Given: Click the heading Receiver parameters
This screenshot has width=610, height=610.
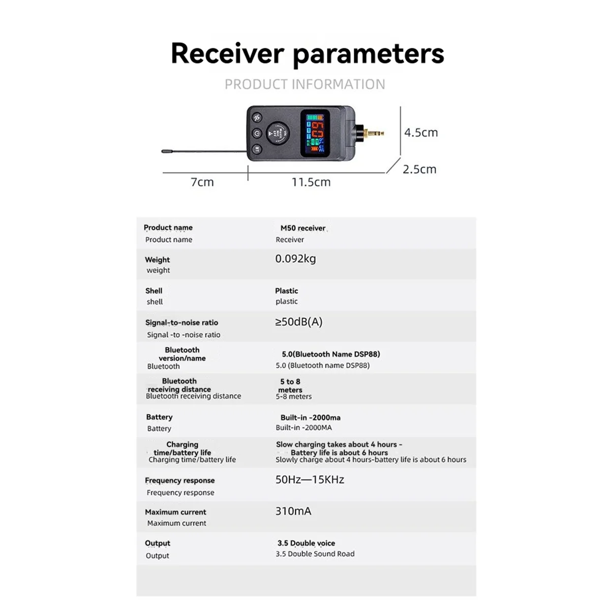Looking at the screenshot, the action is click(x=307, y=53).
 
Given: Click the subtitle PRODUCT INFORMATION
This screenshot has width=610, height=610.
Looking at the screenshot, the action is click(x=305, y=84).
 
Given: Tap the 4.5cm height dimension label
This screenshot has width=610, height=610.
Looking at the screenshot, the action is click(x=421, y=133).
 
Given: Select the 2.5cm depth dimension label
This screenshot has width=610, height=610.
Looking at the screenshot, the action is click(x=419, y=169).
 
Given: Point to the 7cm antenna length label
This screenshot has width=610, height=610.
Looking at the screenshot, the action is click(x=202, y=182).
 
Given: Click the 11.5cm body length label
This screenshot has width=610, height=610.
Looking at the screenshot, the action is click(x=311, y=182).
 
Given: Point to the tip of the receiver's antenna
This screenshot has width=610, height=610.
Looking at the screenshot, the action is click(x=164, y=151).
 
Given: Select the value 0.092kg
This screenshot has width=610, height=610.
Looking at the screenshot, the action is click(x=295, y=259).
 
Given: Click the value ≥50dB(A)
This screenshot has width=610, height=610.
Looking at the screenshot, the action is click(x=299, y=322).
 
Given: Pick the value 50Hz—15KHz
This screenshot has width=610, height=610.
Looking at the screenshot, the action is click(x=310, y=479).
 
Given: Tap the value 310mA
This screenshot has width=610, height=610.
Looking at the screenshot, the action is click(x=293, y=511).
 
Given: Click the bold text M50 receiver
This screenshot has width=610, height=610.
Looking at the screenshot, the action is click(x=303, y=228).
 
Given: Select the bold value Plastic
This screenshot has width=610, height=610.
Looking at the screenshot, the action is click(x=287, y=291).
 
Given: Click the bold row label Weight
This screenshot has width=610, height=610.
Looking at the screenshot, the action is click(x=158, y=260).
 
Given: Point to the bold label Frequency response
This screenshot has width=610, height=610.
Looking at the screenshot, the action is click(x=179, y=480).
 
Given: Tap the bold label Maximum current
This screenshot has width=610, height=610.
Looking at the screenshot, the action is click(x=175, y=512).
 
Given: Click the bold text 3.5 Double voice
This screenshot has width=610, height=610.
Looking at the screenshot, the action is click(x=306, y=543).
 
